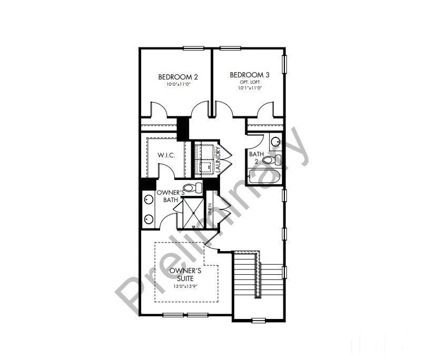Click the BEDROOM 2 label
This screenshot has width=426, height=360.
(x=174, y=77)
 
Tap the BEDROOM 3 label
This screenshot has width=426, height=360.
(x=246, y=75)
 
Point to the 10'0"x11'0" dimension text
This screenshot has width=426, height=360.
(x=174, y=84)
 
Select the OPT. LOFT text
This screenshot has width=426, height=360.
(x=246, y=82)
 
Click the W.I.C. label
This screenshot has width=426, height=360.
(x=166, y=156)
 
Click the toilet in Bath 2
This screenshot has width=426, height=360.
(x=272, y=160)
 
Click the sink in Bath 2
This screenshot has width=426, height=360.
(x=276, y=141)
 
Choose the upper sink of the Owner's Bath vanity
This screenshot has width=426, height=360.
(x=147, y=199)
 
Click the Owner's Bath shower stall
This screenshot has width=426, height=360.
(x=192, y=213)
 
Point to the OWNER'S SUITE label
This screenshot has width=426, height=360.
(x=182, y=274)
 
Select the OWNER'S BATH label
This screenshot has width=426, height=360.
(x=170, y=196)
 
